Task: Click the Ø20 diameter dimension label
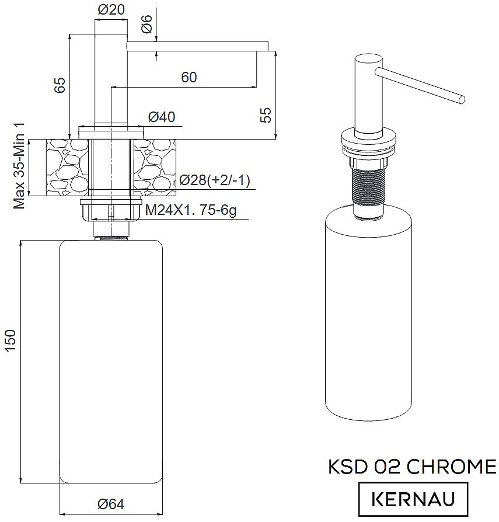click(111, 9)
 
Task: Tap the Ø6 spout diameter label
click(146, 24)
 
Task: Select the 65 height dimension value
click(60, 85)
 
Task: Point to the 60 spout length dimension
click(189, 77)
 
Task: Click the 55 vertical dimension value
click(266, 116)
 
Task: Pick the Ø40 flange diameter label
click(162, 117)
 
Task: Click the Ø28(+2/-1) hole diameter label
click(215, 180)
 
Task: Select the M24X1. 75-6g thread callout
click(191, 210)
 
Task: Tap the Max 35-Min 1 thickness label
click(19, 166)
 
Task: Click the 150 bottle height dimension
click(11, 340)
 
